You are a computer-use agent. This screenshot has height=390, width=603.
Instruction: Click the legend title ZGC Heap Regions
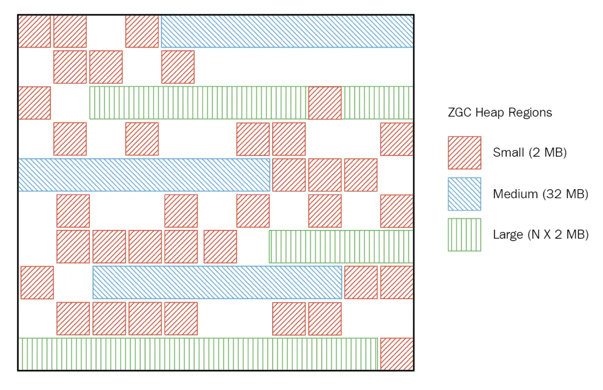click(500, 112)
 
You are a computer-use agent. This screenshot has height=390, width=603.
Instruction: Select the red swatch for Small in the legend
click(464, 153)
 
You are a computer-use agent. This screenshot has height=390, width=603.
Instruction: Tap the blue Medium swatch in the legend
click(464, 194)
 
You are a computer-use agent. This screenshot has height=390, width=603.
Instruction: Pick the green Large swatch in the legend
click(464, 235)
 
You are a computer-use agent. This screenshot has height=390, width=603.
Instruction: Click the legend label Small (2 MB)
click(529, 153)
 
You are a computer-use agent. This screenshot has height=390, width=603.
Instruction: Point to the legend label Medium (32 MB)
click(540, 194)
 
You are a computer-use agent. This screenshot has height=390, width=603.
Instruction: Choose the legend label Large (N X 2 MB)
click(540, 235)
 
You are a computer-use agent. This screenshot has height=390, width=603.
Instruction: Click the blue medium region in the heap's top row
click(287, 31)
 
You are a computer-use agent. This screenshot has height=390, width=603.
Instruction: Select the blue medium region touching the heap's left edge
click(144, 175)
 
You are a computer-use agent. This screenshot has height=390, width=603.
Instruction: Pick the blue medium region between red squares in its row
click(217, 282)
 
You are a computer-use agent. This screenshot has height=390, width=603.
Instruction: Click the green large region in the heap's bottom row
click(198, 354)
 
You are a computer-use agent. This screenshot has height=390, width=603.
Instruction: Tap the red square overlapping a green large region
click(324, 103)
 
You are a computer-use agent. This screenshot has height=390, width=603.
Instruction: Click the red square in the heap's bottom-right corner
click(397, 354)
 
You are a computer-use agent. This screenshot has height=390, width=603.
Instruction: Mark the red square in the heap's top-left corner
click(34, 31)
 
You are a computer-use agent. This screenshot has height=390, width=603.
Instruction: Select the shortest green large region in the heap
click(341, 246)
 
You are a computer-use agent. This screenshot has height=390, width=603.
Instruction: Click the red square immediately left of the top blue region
click(142, 31)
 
